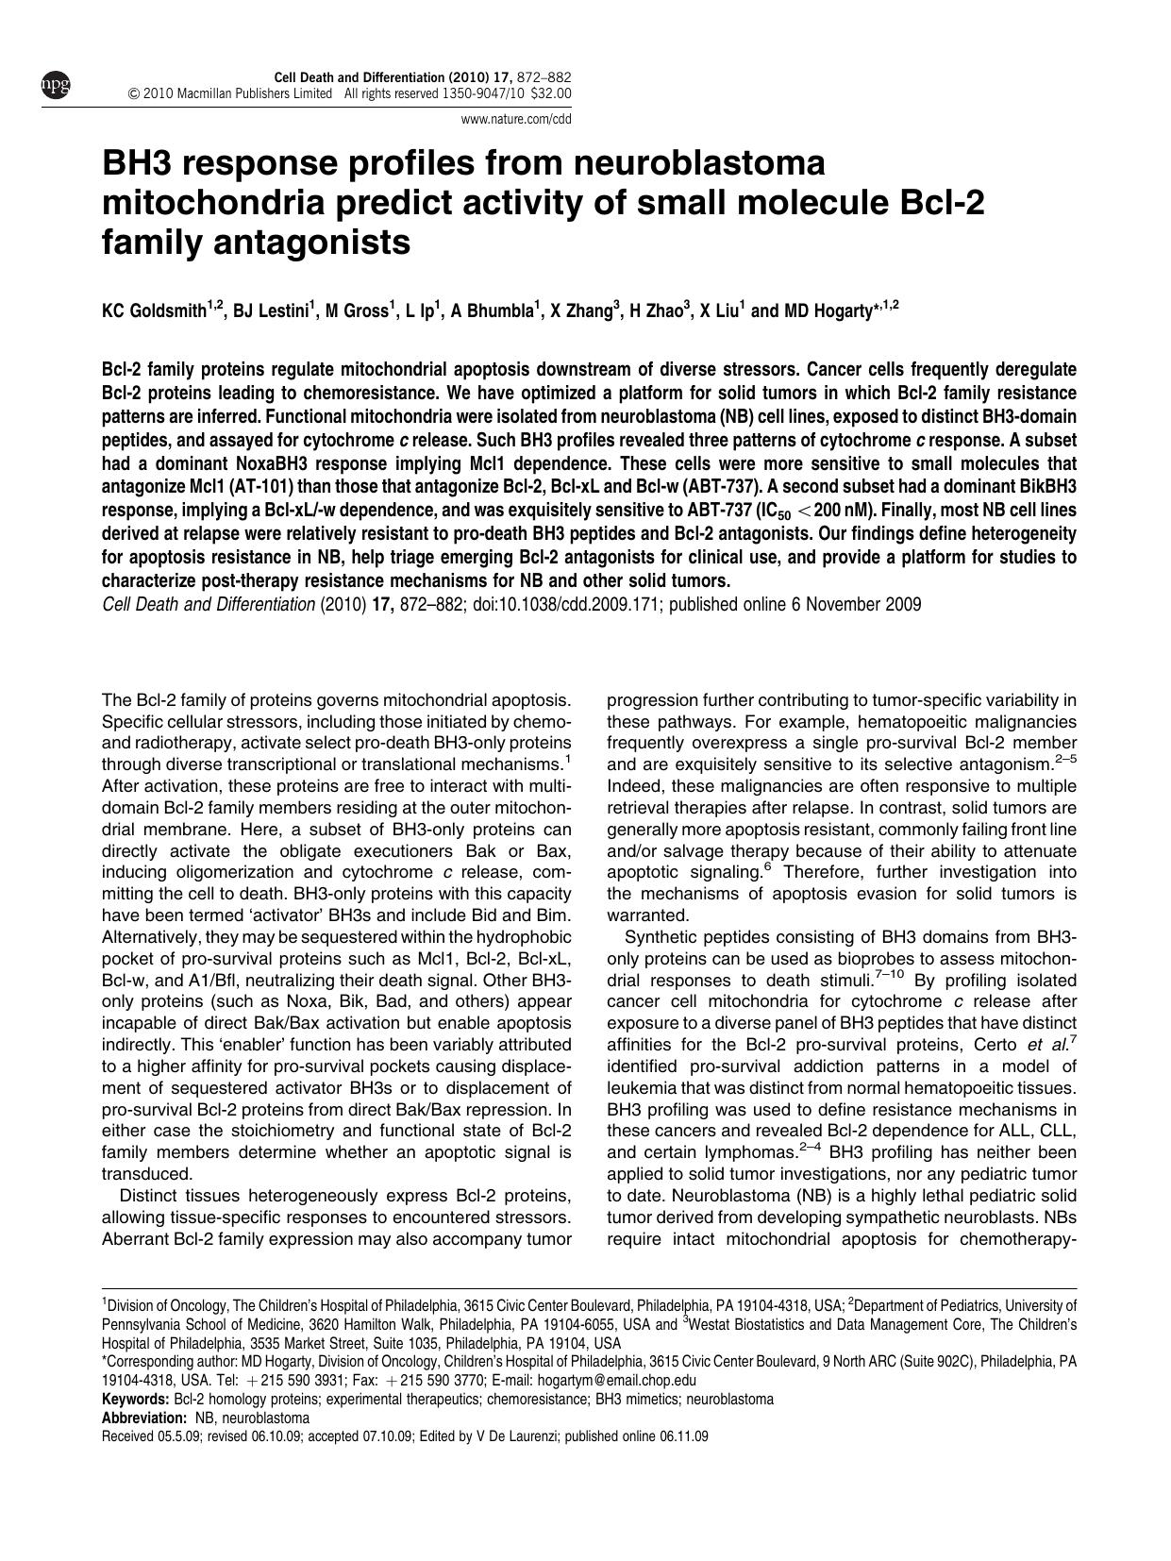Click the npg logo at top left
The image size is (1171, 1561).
click(x=55, y=86)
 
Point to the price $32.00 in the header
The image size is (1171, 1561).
click(x=552, y=93)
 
